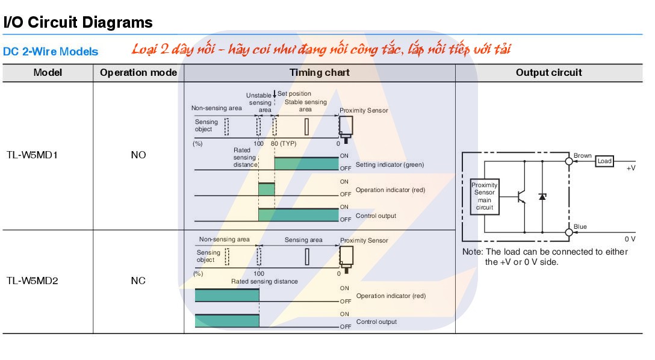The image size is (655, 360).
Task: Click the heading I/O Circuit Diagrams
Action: [78, 23]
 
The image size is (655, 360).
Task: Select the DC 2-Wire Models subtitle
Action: [51, 52]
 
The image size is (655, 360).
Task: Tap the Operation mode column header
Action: [138, 72]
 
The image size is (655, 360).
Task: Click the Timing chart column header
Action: [319, 72]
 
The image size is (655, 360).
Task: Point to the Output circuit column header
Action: [548, 72]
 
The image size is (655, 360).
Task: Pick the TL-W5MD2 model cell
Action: [37, 281]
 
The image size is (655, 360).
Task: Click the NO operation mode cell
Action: [138, 155]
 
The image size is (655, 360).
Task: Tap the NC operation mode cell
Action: [138, 281]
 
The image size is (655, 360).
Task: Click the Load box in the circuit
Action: [604, 161]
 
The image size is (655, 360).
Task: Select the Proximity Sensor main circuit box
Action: [485, 196]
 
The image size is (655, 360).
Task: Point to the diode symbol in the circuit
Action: [542, 196]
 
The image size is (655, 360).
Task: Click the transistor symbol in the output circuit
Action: [521, 196]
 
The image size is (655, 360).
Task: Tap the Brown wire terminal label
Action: [583, 155]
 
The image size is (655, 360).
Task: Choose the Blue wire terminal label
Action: [580, 227]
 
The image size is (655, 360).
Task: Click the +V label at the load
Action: [630, 168]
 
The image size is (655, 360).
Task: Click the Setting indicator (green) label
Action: [390, 164]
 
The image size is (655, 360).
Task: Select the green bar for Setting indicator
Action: [306, 164]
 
